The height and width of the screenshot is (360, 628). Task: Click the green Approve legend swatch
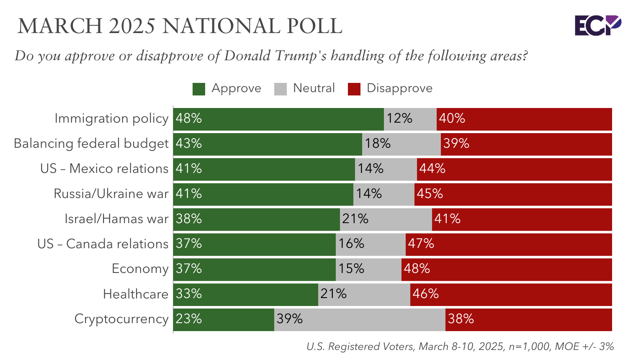(x=199, y=89)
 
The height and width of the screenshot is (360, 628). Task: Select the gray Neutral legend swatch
(x=281, y=89)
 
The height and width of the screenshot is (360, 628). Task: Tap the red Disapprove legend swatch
(x=354, y=89)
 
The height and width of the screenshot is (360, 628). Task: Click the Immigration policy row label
(x=111, y=118)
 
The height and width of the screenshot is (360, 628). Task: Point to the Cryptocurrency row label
(x=121, y=319)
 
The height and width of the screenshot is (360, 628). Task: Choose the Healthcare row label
(x=136, y=294)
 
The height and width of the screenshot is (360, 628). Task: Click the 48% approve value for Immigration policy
(x=189, y=118)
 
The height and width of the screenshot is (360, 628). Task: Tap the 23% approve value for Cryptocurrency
(x=189, y=319)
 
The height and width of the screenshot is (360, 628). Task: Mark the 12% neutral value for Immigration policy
(x=399, y=118)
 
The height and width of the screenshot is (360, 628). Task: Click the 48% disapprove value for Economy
(x=417, y=269)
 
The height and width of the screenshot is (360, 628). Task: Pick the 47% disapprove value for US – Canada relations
(x=421, y=244)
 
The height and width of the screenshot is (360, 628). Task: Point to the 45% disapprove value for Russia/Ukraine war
(x=430, y=194)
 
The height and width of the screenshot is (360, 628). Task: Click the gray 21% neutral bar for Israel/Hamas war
(x=386, y=219)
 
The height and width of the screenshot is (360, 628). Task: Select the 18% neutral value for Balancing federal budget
(x=378, y=144)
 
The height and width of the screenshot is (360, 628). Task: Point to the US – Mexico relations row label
(x=104, y=169)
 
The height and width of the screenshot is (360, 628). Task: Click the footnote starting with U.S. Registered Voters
(x=460, y=347)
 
